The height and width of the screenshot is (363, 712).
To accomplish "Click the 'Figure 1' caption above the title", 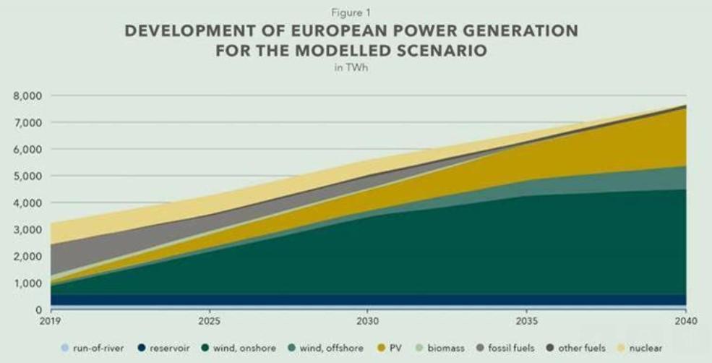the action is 351,13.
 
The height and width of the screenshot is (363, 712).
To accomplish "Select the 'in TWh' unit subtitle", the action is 351,69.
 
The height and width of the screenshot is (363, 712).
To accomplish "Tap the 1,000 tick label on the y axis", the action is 29,283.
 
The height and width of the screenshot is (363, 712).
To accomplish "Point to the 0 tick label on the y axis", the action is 39,309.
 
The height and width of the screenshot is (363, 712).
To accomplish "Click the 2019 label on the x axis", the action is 51,321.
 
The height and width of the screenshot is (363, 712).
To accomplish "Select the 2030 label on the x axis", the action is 367,321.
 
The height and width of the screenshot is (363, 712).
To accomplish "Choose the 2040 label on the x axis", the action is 686,321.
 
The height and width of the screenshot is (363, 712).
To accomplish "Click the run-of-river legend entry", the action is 93,348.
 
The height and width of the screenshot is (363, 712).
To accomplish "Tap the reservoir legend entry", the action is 163,348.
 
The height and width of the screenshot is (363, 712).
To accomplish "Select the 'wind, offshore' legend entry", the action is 325,348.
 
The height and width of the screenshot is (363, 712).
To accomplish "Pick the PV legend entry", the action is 390,348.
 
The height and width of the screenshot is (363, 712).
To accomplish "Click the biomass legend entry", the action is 440,348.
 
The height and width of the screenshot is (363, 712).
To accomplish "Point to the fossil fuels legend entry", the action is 505,348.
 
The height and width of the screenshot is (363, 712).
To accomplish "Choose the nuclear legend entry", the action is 640,348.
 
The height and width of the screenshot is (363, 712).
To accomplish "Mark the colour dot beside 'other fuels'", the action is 550,348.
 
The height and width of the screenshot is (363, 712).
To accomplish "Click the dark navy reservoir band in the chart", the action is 368,299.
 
